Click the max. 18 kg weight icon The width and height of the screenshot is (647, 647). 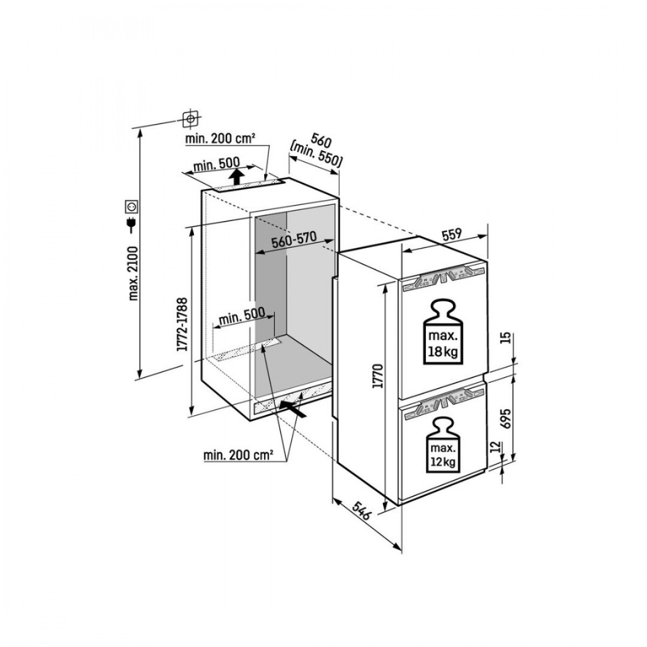tap(443, 335)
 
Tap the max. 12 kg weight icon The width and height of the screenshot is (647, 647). tap(443, 448)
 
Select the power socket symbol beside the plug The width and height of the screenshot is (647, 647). tap(132, 207)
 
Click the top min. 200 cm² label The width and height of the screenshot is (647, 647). tap(219, 139)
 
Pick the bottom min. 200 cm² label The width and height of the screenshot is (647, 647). tap(238, 456)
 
